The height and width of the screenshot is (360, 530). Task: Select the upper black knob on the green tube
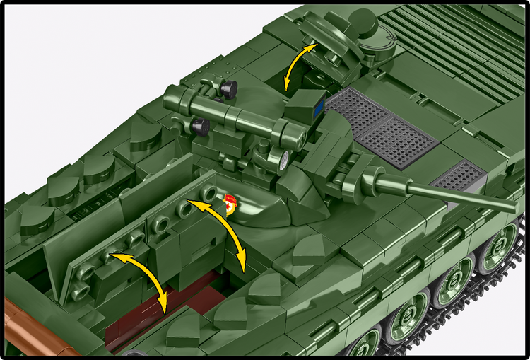(228, 88)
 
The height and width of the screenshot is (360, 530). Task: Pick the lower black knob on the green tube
(201, 127)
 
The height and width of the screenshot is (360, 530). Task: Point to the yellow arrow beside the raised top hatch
(298, 65)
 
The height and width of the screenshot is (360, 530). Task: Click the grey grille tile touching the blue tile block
(357, 110)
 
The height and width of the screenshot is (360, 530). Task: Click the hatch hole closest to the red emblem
(208, 193)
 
